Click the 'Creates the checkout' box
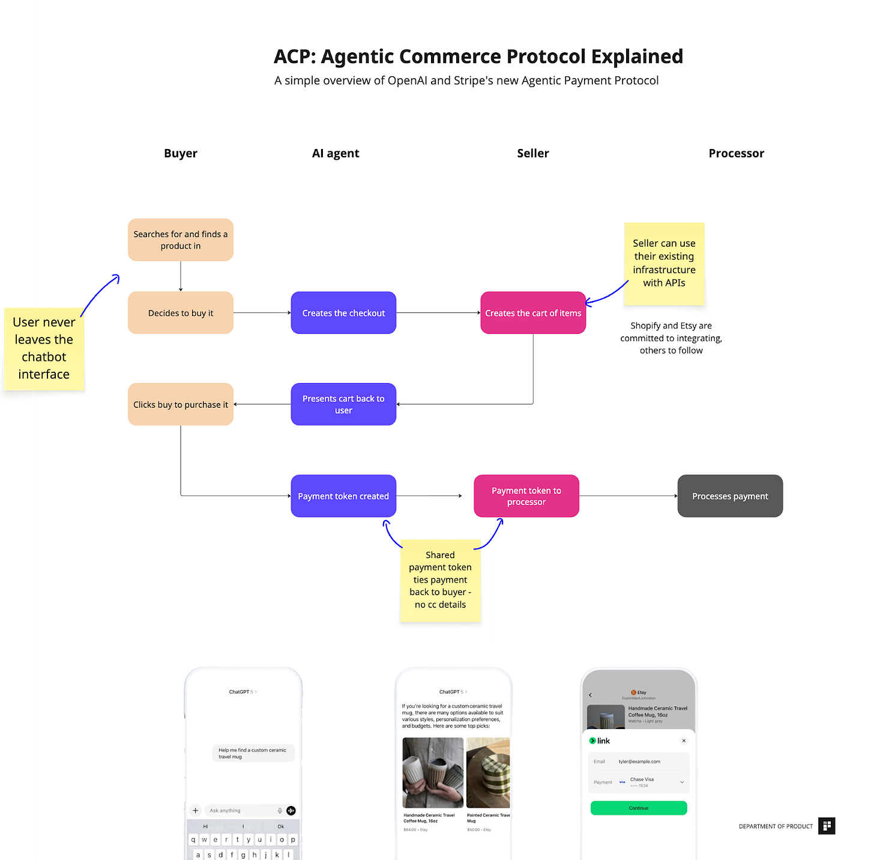(x=343, y=313)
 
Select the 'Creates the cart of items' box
(x=533, y=313)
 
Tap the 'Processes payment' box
(x=730, y=496)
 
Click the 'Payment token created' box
(x=343, y=496)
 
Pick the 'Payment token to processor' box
(x=526, y=496)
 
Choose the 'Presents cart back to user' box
(x=343, y=404)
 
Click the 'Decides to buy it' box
(x=181, y=313)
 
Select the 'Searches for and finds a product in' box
(x=181, y=240)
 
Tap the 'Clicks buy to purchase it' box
(x=181, y=404)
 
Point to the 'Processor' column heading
(x=736, y=153)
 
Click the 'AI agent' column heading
(x=336, y=153)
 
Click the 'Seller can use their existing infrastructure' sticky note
(x=664, y=263)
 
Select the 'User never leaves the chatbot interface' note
(x=44, y=348)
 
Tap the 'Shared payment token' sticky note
(x=440, y=580)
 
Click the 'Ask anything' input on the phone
(x=240, y=811)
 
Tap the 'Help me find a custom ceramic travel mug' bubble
(x=253, y=753)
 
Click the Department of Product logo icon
(x=827, y=826)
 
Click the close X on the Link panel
(x=684, y=740)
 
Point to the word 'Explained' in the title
(x=637, y=56)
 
